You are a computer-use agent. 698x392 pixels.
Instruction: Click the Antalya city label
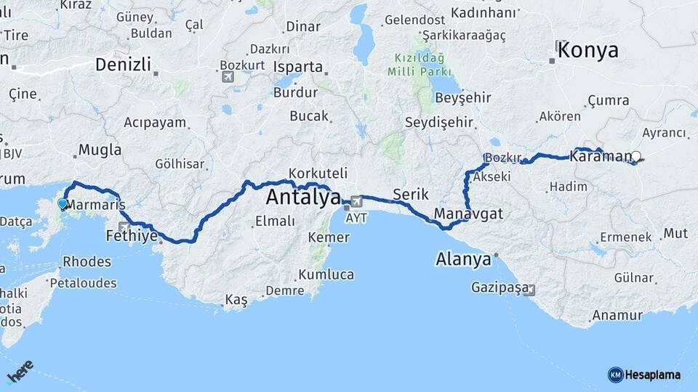click(x=303, y=197)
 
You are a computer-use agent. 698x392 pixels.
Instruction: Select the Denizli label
click(x=123, y=65)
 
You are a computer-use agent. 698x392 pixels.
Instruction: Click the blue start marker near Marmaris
click(x=63, y=205)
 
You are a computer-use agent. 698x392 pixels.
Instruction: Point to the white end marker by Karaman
click(x=636, y=156)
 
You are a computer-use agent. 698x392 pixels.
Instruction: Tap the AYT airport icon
click(x=356, y=201)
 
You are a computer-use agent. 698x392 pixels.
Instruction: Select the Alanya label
click(x=463, y=259)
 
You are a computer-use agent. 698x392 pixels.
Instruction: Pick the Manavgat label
click(x=468, y=214)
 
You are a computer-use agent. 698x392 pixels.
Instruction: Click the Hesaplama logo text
click(x=652, y=375)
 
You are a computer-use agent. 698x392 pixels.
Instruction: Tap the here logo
click(x=20, y=372)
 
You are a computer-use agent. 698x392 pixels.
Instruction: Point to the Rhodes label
click(x=87, y=261)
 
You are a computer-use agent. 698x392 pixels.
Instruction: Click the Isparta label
click(x=298, y=67)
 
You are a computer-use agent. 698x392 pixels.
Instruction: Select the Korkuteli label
click(x=318, y=173)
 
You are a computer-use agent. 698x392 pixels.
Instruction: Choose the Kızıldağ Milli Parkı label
click(x=420, y=65)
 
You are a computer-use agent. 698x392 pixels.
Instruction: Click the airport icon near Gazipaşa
click(x=529, y=290)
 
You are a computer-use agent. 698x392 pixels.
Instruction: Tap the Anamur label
click(x=617, y=315)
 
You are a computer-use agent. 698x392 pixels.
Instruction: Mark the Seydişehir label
click(x=439, y=122)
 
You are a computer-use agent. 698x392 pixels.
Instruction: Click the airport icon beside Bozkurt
click(x=228, y=76)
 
